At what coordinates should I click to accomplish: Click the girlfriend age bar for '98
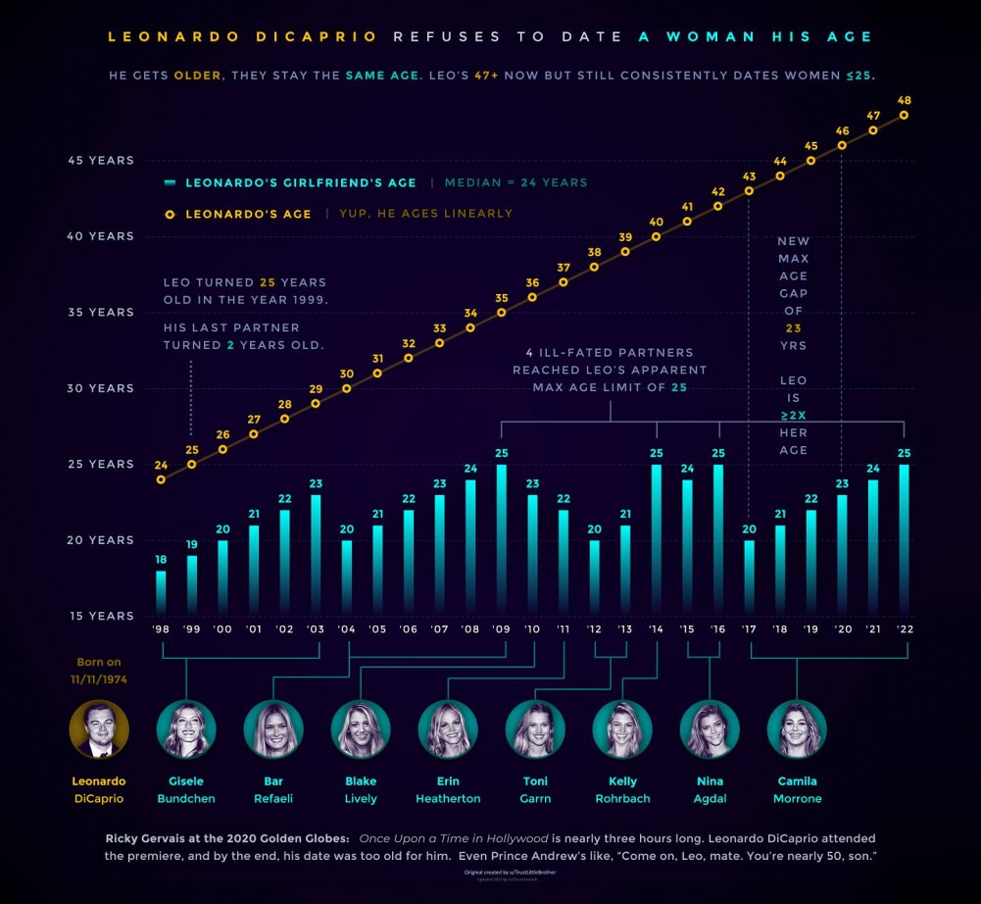(161, 592)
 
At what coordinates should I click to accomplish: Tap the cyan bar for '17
(750, 578)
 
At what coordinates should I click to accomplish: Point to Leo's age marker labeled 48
(904, 115)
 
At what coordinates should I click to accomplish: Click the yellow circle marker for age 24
(161, 479)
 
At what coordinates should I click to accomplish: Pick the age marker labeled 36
(532, 297)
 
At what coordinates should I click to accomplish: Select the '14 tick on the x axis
(657, 629)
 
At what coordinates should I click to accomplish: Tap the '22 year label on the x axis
(904, 629)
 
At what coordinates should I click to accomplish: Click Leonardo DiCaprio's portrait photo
(99, 728)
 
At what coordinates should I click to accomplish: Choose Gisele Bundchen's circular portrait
(186, 728)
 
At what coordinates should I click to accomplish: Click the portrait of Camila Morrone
(797, 728)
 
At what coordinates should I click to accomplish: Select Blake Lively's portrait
(361, 728)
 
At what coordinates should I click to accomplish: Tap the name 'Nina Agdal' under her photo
(710, 789)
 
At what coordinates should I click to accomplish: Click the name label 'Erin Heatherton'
(448, 789)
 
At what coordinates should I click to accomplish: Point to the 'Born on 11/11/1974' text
(99, 670)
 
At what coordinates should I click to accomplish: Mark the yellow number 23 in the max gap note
(793, 327)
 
